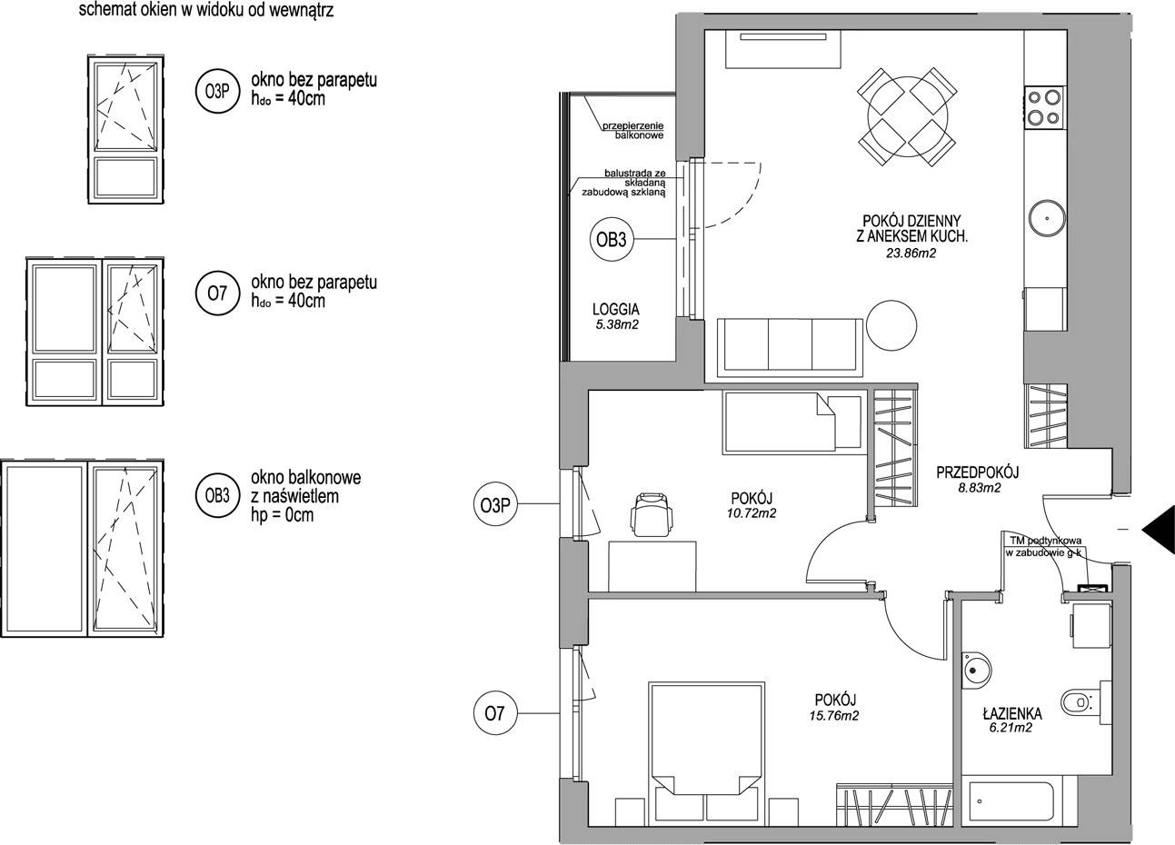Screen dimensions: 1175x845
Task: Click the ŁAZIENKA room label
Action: coord(1011,714)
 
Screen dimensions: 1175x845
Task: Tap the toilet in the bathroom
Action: coord(1079,701)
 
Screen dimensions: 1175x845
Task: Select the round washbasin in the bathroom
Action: coord(977,670)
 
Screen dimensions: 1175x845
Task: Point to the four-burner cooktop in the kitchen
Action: coord(1044,107)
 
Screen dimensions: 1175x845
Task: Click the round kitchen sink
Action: coord(1047,218)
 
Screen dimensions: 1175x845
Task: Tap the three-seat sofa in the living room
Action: coord(790,347)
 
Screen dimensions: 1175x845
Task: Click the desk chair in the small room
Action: coord(652,514)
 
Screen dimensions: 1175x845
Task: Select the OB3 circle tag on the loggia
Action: coord(611,240)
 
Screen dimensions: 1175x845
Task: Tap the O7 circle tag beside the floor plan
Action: coord(495,713)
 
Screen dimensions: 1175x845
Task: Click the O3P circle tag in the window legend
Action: coord(217,92)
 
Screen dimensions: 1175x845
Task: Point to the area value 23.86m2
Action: coord(911,253)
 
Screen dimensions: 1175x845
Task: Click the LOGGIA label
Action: coord(616,310)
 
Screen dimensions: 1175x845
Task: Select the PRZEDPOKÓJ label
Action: coord(978,472)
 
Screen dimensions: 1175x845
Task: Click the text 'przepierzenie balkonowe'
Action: coord(633,131)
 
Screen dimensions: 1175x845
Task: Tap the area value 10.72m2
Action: coord(752,513)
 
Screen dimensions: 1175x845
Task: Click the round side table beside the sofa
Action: coord(891,325)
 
